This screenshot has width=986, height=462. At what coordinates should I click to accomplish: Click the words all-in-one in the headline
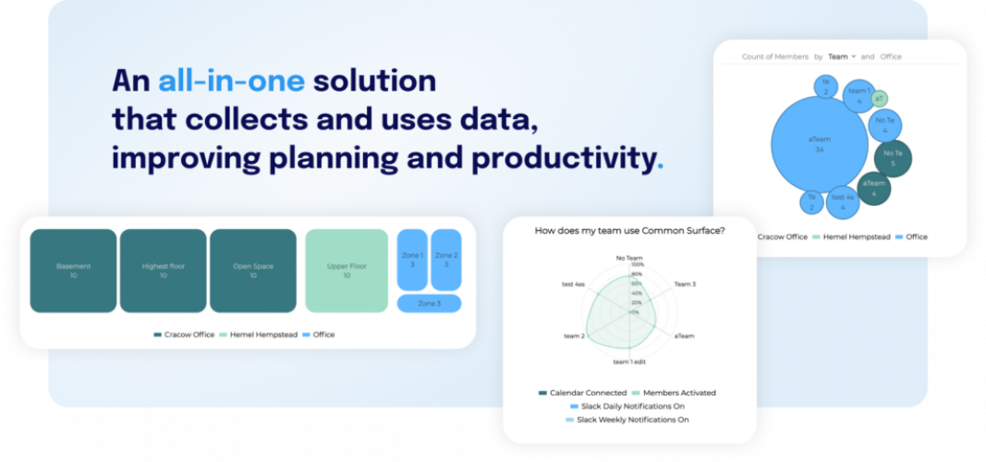pos(230,81)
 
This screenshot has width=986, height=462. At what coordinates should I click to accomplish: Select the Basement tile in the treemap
pos(73,271)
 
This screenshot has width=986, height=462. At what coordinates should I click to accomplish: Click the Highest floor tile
pos(163,271)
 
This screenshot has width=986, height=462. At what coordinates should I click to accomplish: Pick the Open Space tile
pos(252,271)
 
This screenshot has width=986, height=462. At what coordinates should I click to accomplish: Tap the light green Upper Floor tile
pos(347,271)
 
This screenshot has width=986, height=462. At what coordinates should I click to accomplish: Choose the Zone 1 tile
pos(412,260)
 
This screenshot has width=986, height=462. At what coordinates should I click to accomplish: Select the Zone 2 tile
pos(445,260)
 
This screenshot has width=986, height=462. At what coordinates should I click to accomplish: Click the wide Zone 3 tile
pos(429,303)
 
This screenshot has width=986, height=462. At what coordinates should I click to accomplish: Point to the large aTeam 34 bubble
pos(819,143)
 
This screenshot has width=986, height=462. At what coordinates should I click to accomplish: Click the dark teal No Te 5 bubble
pos(892,158)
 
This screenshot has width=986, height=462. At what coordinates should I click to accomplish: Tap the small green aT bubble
pos(880,99)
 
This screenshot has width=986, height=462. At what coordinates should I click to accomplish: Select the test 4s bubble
pos(843,201)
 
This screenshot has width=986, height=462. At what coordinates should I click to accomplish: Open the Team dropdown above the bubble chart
pos(841,56)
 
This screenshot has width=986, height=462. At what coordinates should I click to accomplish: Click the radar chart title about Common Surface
pos(629,231)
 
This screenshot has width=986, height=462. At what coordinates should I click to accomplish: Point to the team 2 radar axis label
pos(574,335)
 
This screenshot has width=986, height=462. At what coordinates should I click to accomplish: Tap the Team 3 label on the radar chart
pos(685,285)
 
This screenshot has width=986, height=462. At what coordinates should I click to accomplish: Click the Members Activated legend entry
pos(678,393)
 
